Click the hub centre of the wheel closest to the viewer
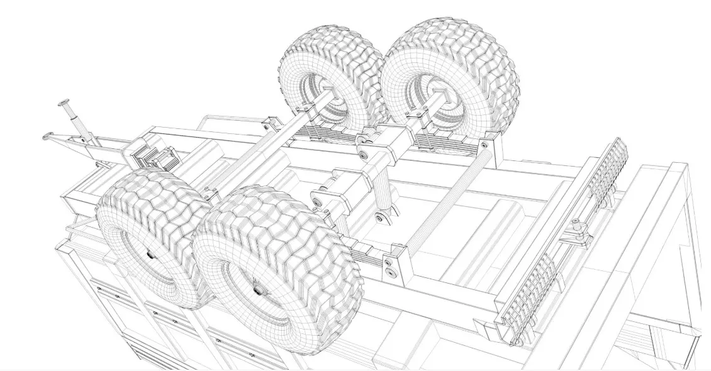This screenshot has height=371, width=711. coord(257,289)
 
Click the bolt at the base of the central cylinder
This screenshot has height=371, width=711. coord(379,218)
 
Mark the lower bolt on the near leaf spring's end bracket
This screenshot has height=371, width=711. coord(393,272)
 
